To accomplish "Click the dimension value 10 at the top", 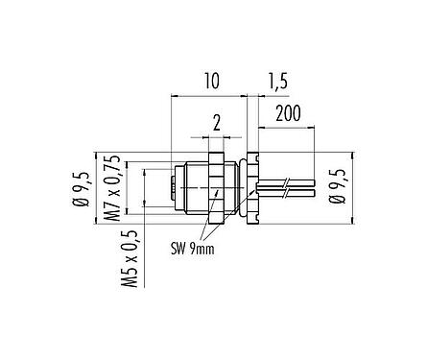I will click(x=211, y=83).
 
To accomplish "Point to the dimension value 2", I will click(x=216, y=123).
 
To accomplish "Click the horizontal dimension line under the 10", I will click(x=209, y=95).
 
